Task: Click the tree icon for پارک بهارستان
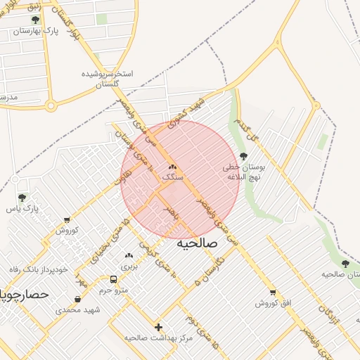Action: click(x=36, y=20)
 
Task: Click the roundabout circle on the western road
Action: click(x=51, y=106)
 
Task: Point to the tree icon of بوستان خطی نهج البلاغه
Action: click(x=244, y=156)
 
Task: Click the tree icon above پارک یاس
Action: click(x=22, y=198)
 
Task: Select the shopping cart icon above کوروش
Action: click(x=67, y=220)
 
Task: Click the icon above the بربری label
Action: click(x=128, y=256)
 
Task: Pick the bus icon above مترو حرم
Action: click(x=114, y=278)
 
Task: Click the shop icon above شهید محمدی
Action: click(x=77, y=299)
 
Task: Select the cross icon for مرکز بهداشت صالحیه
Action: click(x=159, y=327)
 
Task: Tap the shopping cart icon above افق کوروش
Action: click(x=273, y=292)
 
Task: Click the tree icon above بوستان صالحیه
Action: click(x=345, y=264)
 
